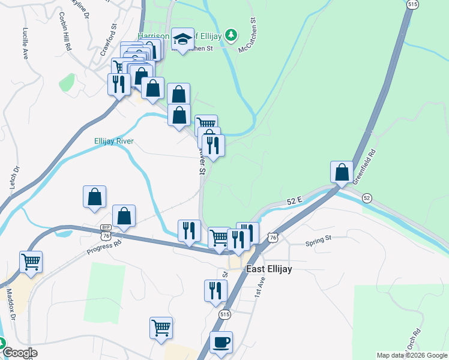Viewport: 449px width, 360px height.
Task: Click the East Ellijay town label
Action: point(270,269)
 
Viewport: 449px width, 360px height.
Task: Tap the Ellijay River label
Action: point(113,142)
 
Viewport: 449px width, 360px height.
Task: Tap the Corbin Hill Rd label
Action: point(65,31)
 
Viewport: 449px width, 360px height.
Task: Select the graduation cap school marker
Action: point(182,40)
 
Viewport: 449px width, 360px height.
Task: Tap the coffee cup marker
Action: point(221,342)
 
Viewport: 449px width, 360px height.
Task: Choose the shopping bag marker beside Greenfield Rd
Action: point(342,172)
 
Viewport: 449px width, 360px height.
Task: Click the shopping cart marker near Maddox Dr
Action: point(31,262)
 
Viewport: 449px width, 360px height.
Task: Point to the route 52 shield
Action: point(367,198)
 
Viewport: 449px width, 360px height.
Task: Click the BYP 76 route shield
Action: point(106,229)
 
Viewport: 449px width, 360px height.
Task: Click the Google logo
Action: point(19,353)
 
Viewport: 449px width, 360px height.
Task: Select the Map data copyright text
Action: point(411,355)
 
